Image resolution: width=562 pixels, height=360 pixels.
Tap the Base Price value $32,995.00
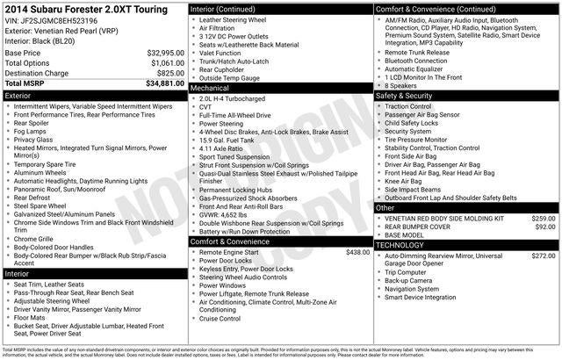[x=166, y=53]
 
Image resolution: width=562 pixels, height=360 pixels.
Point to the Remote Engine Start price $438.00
[x=357, y=252]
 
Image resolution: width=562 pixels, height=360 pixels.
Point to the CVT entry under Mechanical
[x=207, y=107]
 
